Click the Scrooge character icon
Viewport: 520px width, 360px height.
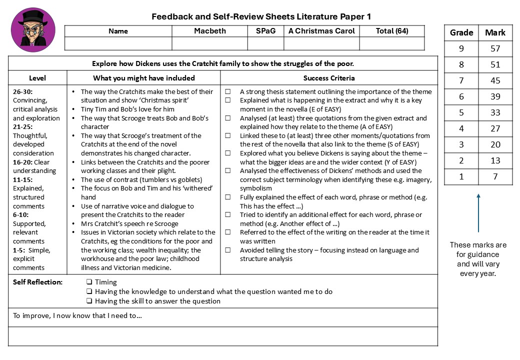tap(33, 29)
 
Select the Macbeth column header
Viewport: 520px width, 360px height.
tap(210, 31)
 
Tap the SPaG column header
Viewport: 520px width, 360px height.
tap(265, 31)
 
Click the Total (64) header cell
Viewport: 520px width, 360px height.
tap(391, 31)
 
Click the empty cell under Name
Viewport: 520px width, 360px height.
tap(118, 43)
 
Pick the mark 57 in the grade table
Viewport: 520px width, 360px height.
tap(495, 48)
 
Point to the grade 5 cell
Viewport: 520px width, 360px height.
tap(461, 112)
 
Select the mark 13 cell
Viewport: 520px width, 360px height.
tap(495, 160)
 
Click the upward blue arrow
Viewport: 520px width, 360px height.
tap(478, 212)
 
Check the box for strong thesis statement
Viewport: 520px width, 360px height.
tap(228, 92)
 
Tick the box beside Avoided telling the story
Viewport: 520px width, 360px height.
tap(228, 250)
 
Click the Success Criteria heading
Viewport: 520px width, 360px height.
tap(329, 78)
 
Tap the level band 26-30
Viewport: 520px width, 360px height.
tap(23, 91)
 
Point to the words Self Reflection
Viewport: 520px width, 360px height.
tap(37, 282)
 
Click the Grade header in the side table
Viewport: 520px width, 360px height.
tap(461, 32)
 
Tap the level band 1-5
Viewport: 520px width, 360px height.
tap(19, 250)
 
